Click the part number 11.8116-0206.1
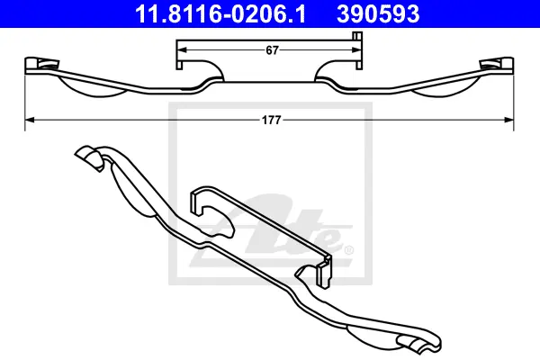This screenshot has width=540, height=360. [x=220, y=13]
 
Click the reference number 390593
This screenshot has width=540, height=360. [x=378, y=13]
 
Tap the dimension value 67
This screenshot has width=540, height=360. [x=272, y=50]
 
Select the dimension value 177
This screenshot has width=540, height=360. [x=272, y=120]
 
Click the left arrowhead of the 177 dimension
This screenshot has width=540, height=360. [x=30, y=120]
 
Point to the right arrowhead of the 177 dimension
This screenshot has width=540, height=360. [x=508, y=120]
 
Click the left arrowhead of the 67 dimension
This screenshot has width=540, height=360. [x=182, y=50]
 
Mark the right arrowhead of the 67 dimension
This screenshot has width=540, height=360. [x=356, y=50]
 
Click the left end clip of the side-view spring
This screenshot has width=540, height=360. [x=41, y=65]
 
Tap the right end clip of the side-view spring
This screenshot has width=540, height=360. [x=497, y=65]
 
